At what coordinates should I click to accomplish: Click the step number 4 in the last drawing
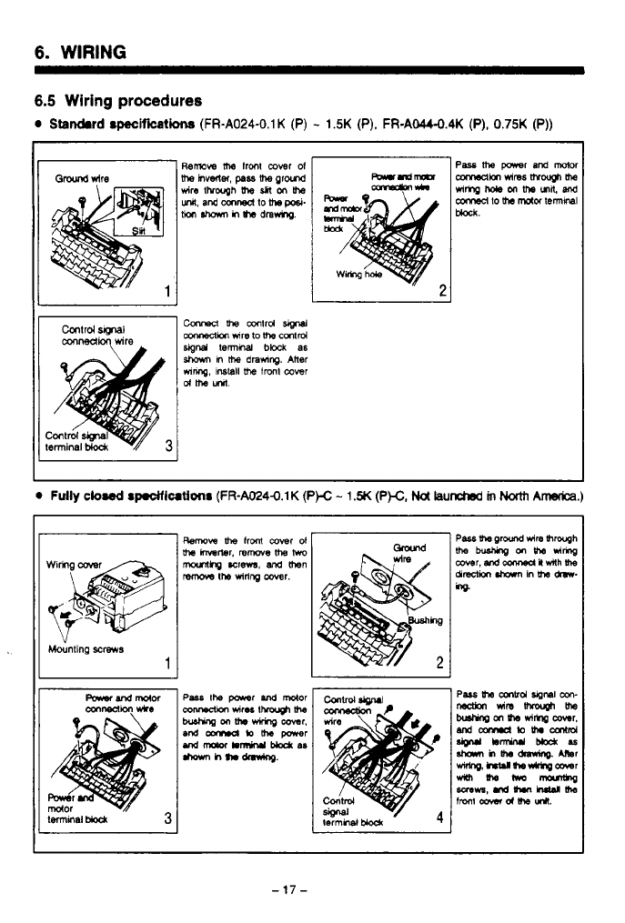point(439,815)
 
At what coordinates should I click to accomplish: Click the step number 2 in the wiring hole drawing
point(442,291)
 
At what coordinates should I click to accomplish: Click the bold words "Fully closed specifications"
point(131,497)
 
